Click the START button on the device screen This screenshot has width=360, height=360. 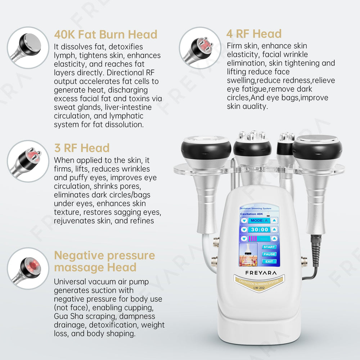tap(269, 247)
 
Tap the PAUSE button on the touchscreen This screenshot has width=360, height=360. tap(269, 254)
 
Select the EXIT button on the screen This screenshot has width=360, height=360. tap(269, 261)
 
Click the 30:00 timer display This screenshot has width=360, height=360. tap(260, 230)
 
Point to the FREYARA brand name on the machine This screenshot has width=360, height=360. tap(261, 273)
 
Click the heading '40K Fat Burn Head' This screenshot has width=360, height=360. tap(105, 35)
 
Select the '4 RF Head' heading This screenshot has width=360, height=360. tap(254, 34)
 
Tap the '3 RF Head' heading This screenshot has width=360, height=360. tap(82, 148)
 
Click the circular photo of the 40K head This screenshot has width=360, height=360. tap(28, 48)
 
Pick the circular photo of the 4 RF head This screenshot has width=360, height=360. tap(200, 48)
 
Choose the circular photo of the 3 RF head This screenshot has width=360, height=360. tap(28, 161)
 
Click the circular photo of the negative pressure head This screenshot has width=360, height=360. tap(28, 268)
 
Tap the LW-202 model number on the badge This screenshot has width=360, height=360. tap(259, 288)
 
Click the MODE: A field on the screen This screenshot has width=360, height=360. tap(259, 220)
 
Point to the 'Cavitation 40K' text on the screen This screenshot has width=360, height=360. tap(252, 214)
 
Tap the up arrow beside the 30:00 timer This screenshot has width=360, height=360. tap(274, 230)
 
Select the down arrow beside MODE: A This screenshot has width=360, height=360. tap(244, 221)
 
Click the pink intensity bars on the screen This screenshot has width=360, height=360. tap(253, 239)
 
